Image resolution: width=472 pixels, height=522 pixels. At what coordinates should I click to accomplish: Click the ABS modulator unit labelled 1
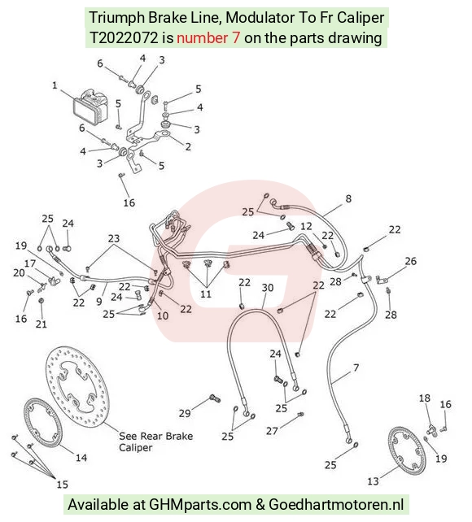(90, 107)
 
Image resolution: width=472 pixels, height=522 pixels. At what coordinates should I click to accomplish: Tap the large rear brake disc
(77, 386)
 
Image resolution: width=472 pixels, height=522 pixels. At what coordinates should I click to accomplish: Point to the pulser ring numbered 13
(407, 450)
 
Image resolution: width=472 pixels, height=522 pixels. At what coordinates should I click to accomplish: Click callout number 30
(268, 288)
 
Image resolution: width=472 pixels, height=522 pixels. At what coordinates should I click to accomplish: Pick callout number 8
(348, 198)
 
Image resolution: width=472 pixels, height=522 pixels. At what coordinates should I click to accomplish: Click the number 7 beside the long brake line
(356, 368)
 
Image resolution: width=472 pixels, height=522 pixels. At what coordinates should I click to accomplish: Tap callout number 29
(185, 413)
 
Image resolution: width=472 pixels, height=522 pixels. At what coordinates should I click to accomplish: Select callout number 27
(272, 431)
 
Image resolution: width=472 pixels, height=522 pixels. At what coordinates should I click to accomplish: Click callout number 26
(410, 261)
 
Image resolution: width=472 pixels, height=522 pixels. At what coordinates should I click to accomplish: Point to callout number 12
(306, 226)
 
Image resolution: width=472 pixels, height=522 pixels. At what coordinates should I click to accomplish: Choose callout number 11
(206, 294)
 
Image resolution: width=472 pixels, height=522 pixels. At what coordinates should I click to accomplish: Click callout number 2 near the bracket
(188, 146)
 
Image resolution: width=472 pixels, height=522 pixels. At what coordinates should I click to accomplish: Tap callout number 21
(42, 324)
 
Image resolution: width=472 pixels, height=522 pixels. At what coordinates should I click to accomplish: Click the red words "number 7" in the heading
(208, 38)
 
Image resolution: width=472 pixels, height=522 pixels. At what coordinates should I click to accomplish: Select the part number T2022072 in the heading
(124, 38)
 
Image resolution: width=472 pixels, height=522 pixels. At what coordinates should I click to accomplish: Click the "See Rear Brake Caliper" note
(155, 442)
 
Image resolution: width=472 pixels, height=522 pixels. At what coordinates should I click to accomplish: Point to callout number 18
(424, 398)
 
